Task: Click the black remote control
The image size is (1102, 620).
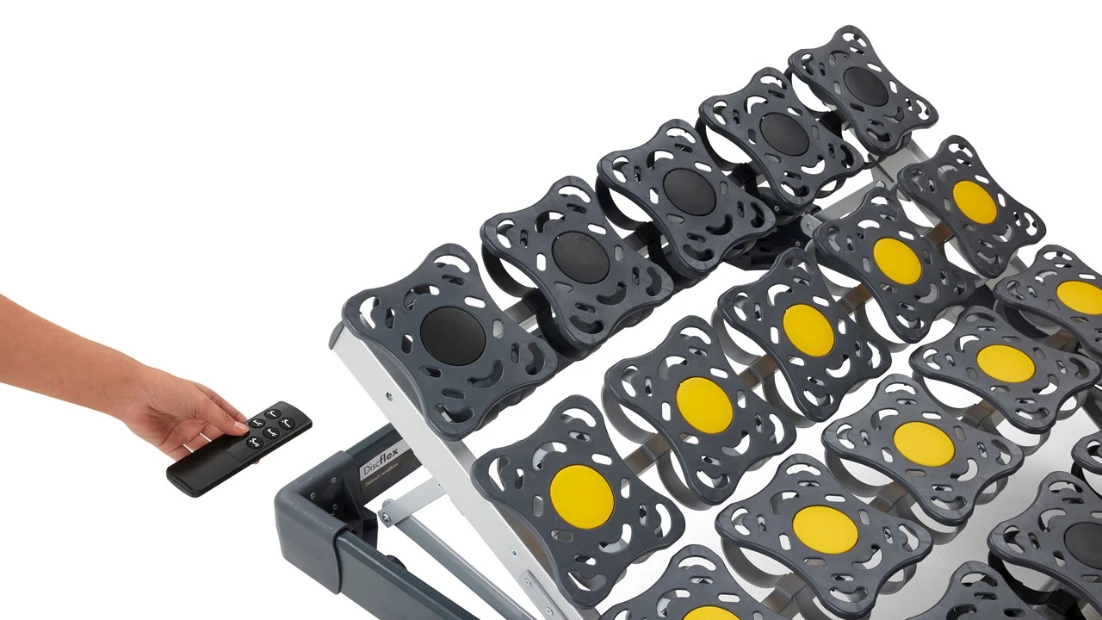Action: (x=239, y=448)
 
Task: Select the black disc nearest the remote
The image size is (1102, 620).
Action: (x=453, y=335)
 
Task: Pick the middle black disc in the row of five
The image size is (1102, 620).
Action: (x=689, y=191)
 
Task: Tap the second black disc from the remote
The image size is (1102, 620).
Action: (x=580, y=257)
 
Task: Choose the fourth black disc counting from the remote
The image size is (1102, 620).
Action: (x=783, y=133)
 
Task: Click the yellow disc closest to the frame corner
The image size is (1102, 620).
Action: (x=582, y=498)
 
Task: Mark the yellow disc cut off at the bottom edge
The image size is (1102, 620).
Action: (x=710, y=612)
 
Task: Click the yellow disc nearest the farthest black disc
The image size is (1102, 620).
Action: (x=975, y=201)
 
